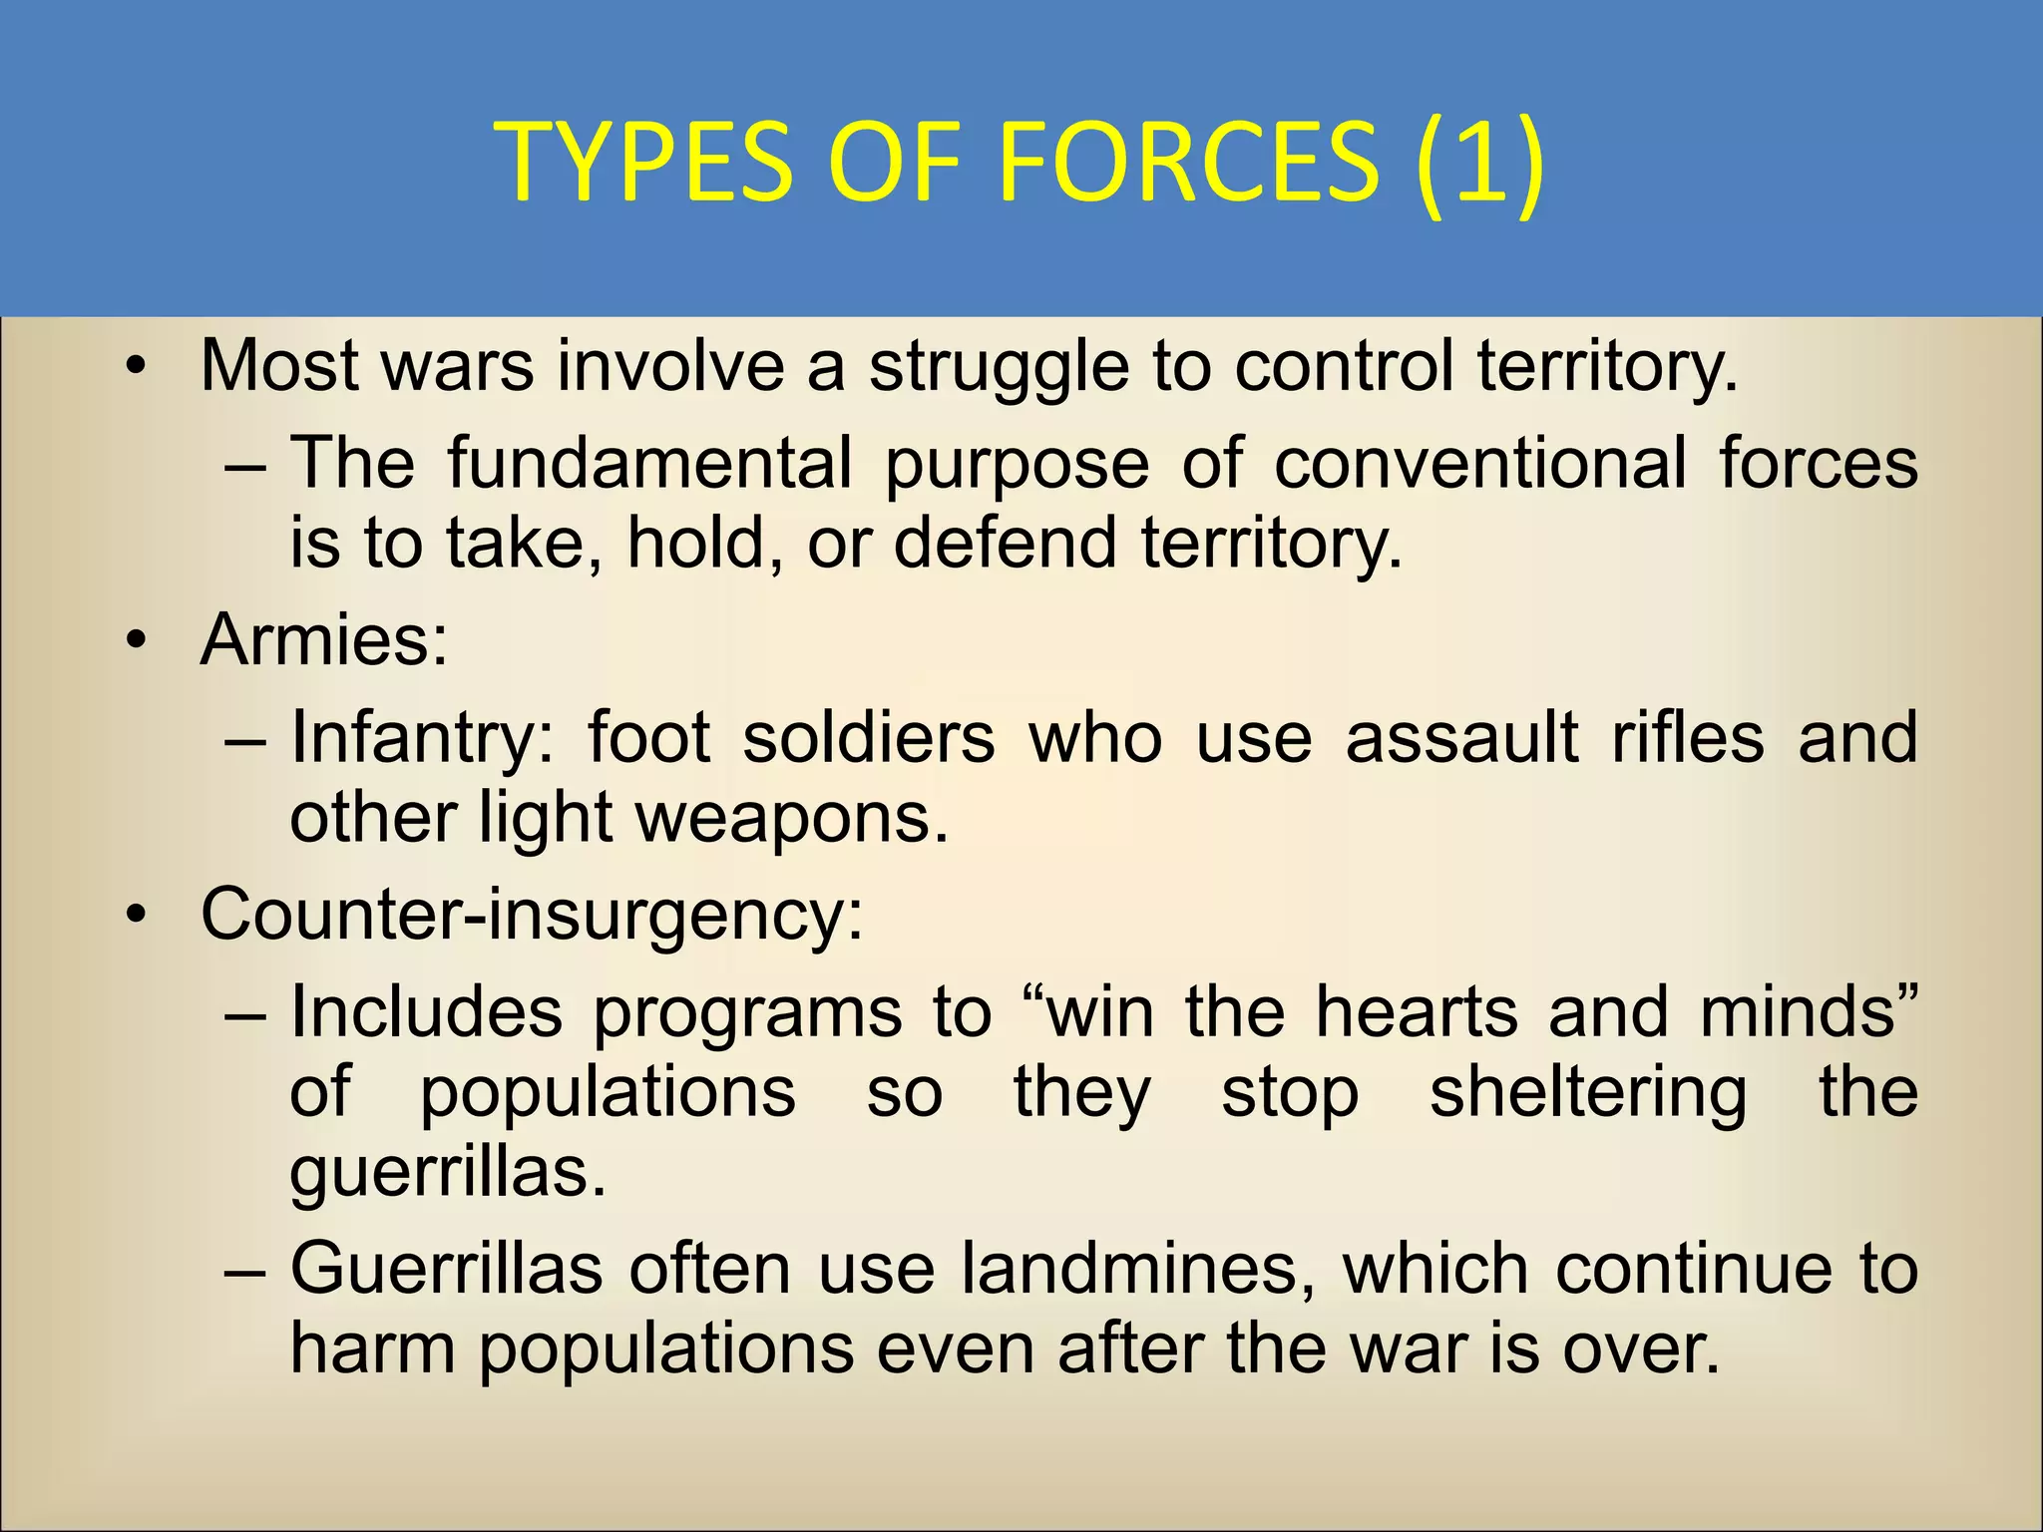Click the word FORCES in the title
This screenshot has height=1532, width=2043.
coord(1187,161)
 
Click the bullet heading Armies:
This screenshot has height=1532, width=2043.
coord(324,639)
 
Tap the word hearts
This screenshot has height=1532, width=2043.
coord(1416,1011)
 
